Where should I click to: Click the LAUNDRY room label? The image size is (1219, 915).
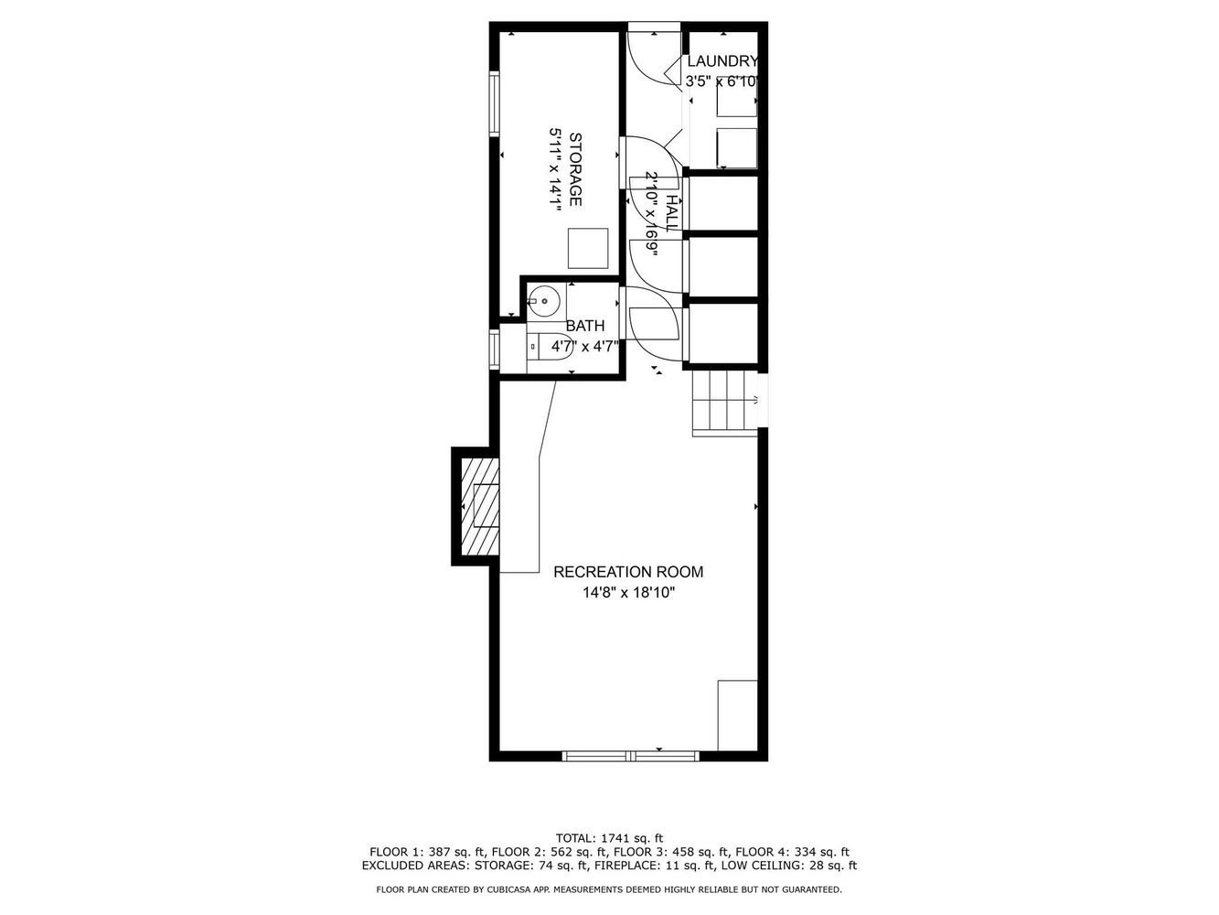pos(722,61)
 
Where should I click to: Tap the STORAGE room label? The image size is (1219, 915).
pos(576,169)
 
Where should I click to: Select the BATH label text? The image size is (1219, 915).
pos(584,326)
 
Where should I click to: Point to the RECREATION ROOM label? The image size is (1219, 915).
pos(628,572)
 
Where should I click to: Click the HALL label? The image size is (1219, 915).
pos(671,213)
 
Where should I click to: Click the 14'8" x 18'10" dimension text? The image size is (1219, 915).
pos(628,593)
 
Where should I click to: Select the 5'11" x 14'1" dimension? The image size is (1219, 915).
pos(555,169)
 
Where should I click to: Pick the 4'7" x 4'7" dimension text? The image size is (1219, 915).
pos(584,347)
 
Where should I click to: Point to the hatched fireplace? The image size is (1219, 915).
pos(481,506)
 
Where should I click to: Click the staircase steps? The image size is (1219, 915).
pos(725,403)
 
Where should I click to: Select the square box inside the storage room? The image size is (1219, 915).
pos(588,248)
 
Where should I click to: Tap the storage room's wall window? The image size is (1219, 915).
pos(494,103)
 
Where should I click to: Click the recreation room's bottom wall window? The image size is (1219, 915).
pos(631,756)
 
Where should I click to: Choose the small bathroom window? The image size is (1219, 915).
pos(494,349)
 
